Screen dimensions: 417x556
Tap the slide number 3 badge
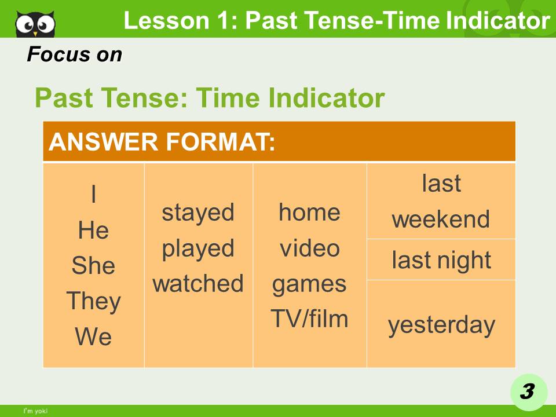pyautogui.click(x=527, y=392)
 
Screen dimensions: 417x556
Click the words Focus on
pyautogui.click(x=75, y=54)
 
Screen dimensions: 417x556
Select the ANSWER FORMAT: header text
pyautogui.click(x=162, y=142)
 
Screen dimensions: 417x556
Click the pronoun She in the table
pyautogui.click(x=93, y=266)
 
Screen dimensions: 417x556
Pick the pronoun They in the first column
pyautogui.click(x=93, y=301)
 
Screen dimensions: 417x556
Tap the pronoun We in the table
pyautogui.click(x=93, y=336)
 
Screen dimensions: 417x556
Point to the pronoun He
pyautogui.click(x=93, y=231)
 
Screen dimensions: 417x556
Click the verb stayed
pyautogui.click(x=198, y=212)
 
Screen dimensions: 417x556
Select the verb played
pyautogui.click(x=198, y=248)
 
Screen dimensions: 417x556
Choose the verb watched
pyautogui.click(x=198, y=284)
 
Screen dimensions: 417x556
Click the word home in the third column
pyautogui.click(x=309, y=212)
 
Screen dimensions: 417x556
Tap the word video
pyautogui.click(x=309, y=248)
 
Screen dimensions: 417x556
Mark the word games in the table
pyautogui.click(x=309, y=284)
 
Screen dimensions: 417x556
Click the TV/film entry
pyautogui.click(x=309, y=319)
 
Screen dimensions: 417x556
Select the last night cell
pyautogui.click(x=441, y=260)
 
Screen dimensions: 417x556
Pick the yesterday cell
pyautogui.click(x=441, y=324)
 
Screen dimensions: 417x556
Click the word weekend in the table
pyautogui.click(x=441, y=220)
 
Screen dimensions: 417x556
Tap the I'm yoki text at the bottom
pyautogui.click(x=35, y=411)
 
